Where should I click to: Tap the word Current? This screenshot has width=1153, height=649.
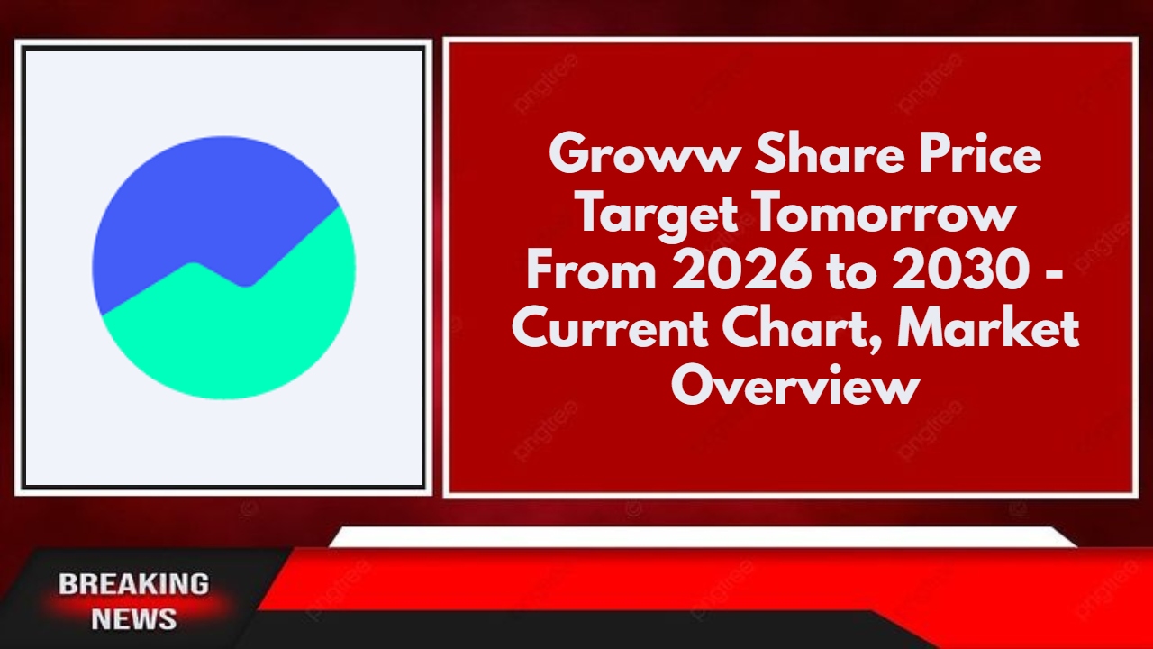(610, 330)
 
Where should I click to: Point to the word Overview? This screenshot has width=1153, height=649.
(795, 388)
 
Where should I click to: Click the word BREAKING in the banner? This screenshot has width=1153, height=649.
(134, 584)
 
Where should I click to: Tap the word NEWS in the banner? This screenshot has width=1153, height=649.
(134, 619)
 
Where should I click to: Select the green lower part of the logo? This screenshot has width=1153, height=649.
(234, 343)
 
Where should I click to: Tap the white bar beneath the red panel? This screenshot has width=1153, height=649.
(703, 537)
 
